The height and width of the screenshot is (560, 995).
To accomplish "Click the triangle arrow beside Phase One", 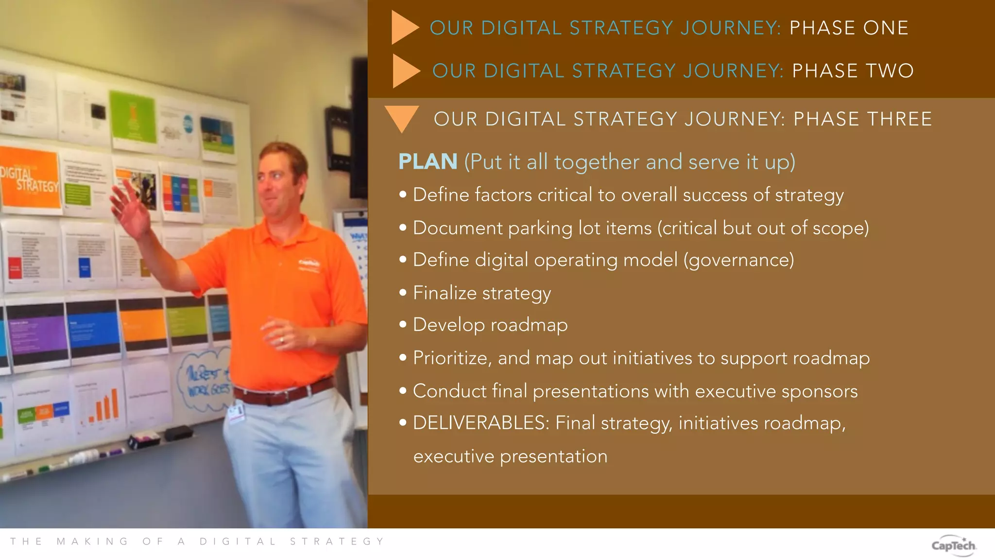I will coord(404,28).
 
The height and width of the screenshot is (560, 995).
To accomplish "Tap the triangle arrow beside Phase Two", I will coord(405,71).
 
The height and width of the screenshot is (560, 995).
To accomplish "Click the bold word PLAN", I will coord(428,161).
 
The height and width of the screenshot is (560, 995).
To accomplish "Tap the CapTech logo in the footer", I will coord(953,545).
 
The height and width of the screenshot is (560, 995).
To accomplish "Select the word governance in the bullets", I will coord(739,260).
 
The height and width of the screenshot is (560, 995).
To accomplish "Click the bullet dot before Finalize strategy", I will coord(403,293).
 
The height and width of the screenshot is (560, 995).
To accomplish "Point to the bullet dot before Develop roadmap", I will coord(403,325).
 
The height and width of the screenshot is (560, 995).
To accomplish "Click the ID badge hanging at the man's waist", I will coord(237,412).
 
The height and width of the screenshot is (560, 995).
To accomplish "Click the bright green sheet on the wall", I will coord(133,117).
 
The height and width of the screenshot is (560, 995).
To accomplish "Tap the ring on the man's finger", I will coord(282,340).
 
